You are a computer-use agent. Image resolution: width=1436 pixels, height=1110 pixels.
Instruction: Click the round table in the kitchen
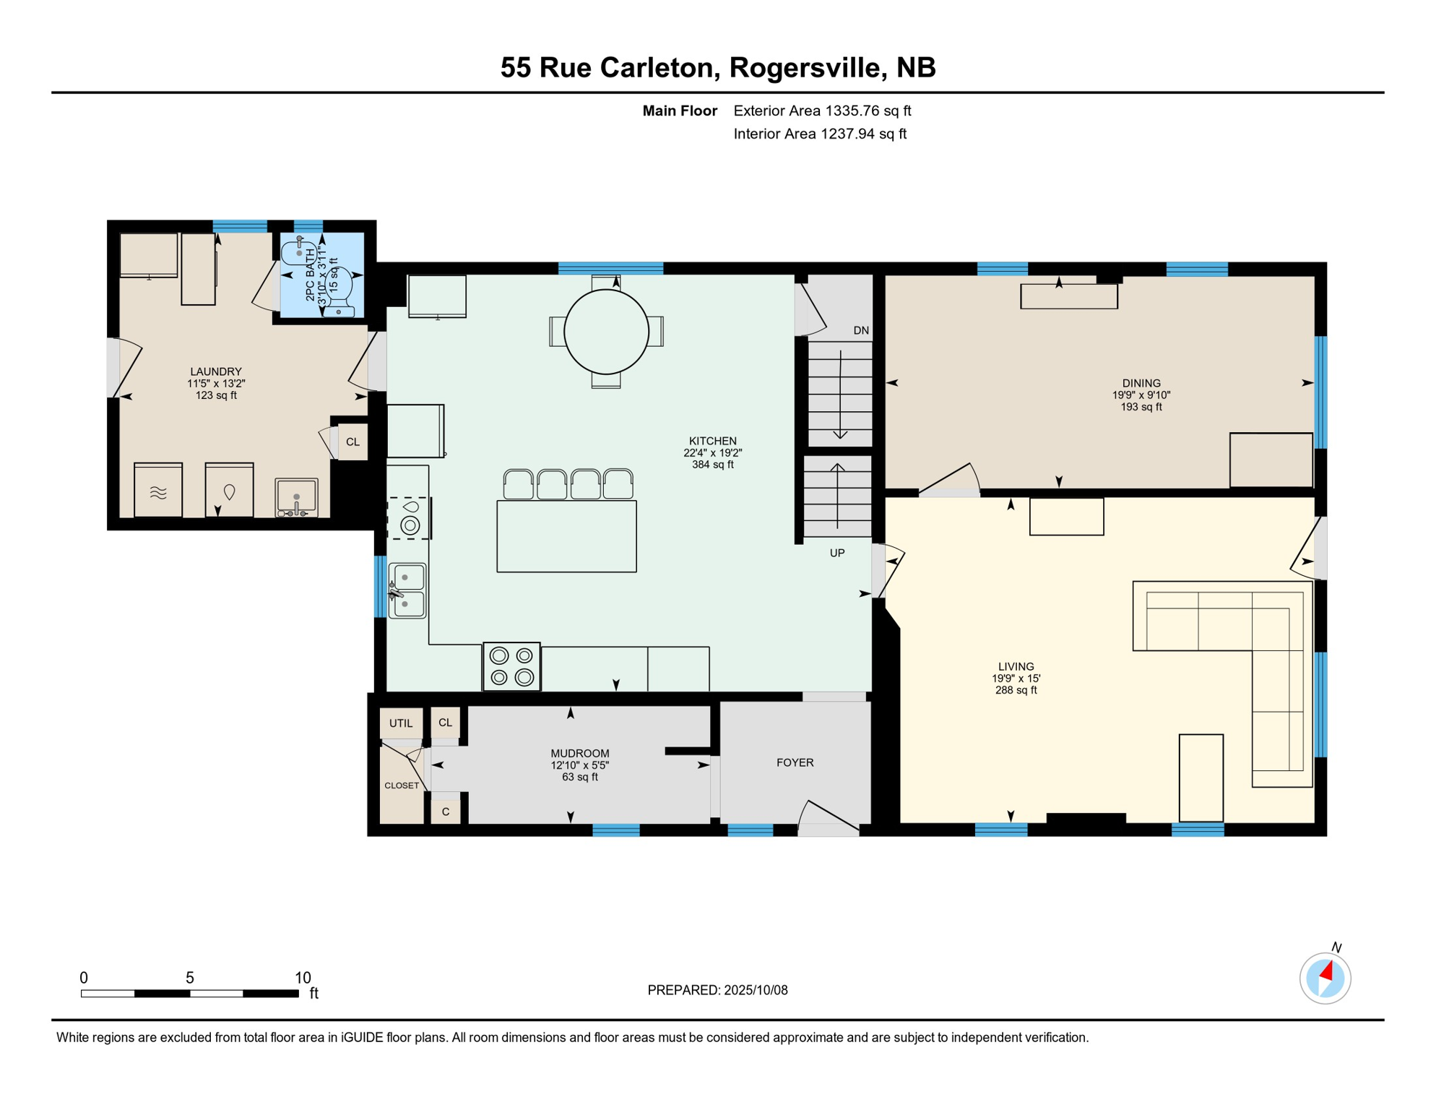tap(606, 332)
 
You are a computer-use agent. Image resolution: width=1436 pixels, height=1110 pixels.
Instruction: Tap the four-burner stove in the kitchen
tap(511, 666)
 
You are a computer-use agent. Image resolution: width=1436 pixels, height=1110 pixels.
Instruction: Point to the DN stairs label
tap(861, 330)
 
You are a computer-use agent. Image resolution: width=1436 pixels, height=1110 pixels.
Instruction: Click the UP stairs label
tap(837, 553)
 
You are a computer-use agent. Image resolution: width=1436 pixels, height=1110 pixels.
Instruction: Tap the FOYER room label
tap(795, 762)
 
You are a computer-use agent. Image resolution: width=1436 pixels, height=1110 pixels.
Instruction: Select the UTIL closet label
tap(401, 723)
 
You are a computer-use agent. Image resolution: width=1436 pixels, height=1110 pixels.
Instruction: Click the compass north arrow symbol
tap(1325, 978)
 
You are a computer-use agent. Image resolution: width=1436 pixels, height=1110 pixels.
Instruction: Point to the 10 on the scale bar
tap(303, 977)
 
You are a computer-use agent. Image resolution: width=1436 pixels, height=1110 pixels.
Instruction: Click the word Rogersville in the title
tap(808, 67)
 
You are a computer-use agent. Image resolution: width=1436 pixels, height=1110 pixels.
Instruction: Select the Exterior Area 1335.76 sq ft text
tap(822, 111)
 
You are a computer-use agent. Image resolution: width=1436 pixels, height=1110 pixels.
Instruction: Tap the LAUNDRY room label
tap(216, 371)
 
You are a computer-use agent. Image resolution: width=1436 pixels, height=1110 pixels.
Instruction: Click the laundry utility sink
tap(296, 497)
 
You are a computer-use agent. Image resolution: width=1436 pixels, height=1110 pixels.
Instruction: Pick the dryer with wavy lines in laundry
tap(158, 491)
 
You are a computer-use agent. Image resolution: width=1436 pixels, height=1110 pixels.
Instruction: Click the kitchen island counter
tap(566, 536)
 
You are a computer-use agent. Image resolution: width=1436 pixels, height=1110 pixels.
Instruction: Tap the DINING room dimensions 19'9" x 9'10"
tap(1141, 395)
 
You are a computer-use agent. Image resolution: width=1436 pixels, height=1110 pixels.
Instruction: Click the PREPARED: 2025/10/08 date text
tap(717, 990)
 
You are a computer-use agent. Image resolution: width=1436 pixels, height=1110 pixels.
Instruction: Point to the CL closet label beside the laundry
tap(352, 442)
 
